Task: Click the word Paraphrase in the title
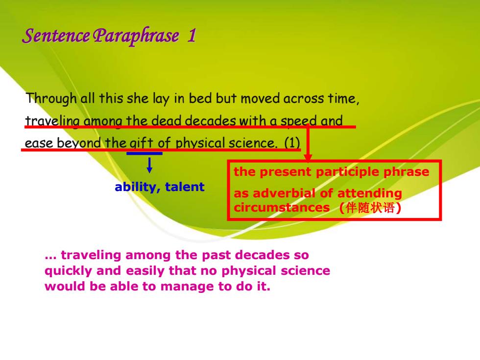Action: tap(136, 36)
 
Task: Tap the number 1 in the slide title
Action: tap(192, 35)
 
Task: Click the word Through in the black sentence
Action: tap(51, 99)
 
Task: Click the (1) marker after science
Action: tap(292, 143)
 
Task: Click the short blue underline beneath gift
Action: tap(144, 153)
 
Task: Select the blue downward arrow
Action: tap(149, 166)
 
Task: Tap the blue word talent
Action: tap(185, 187)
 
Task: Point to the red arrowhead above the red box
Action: tap(308, 157)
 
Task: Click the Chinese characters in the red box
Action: tap(370, 208)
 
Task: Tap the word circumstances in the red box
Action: tap(282, 208)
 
